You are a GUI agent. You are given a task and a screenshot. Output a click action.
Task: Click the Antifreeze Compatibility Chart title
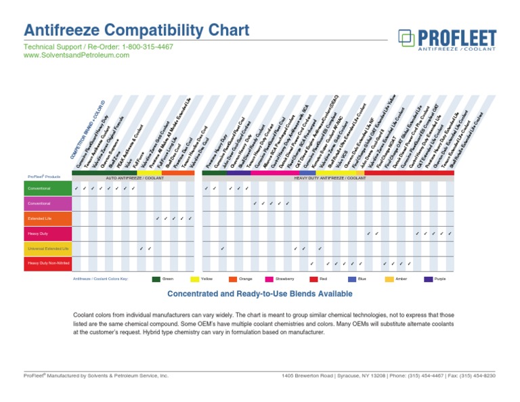click(136, 30)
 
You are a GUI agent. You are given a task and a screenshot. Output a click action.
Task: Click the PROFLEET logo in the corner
click(448, 40)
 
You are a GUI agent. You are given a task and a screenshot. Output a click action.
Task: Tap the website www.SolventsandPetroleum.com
click(76, 55)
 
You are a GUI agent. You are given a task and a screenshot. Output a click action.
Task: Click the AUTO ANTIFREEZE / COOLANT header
click(135, 178)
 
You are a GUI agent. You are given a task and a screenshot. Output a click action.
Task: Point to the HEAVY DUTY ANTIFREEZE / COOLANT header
click(330, 178)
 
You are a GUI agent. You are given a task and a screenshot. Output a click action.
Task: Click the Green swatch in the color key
click(156, 279)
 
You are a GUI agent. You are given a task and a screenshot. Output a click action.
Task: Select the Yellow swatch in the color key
click(195, 279)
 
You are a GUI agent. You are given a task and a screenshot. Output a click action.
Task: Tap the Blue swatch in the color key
click(352, 279)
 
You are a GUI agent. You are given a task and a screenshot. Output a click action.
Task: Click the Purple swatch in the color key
click(429, 279)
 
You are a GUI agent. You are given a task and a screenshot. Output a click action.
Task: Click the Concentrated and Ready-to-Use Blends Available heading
click(260, 294)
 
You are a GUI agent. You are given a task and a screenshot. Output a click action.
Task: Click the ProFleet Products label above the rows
click(44, 177)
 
